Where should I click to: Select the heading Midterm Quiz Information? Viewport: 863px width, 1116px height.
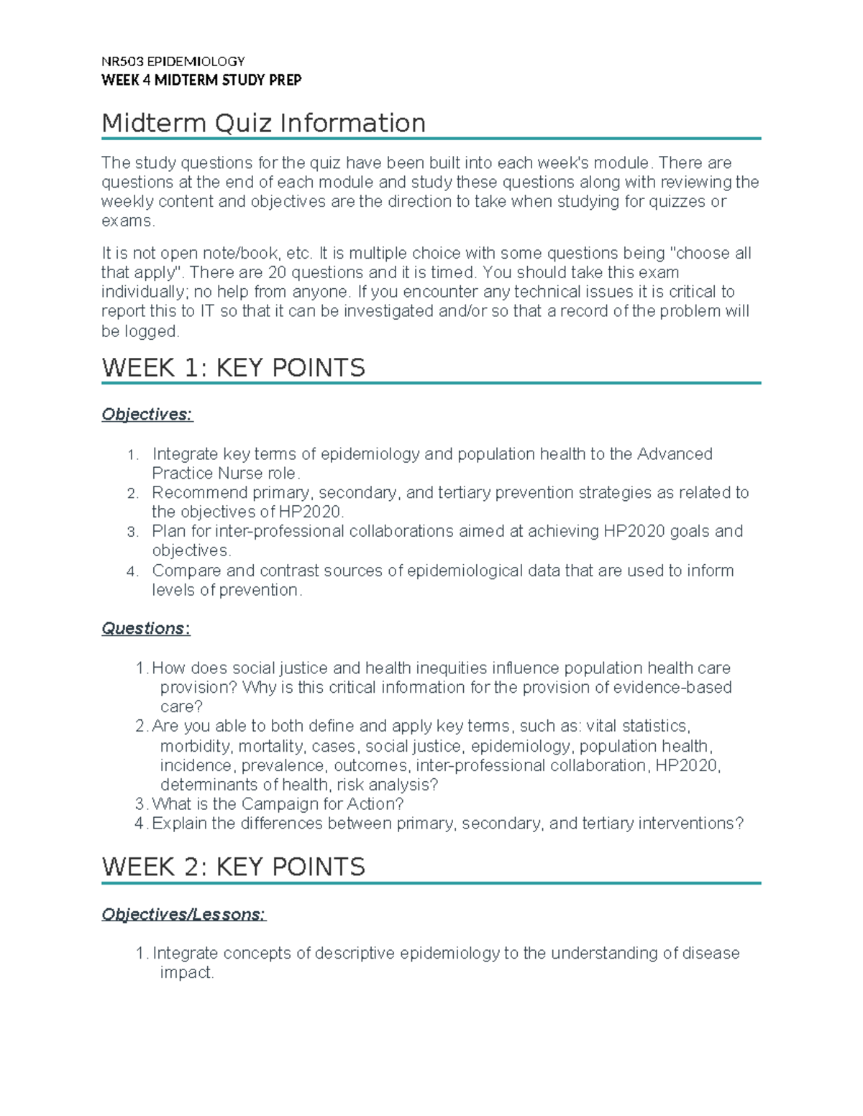(x=263, y=123)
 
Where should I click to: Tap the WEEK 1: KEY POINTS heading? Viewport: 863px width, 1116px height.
(x=233, y=368)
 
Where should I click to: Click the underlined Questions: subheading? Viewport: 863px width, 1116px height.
(x=146, y=628)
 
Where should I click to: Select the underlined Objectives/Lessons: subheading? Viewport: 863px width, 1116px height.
(x=183, y=914)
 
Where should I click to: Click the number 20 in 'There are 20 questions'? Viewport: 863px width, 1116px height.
(x=277, y=273)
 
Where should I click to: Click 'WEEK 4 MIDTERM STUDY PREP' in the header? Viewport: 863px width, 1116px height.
(x=201, y=80)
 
